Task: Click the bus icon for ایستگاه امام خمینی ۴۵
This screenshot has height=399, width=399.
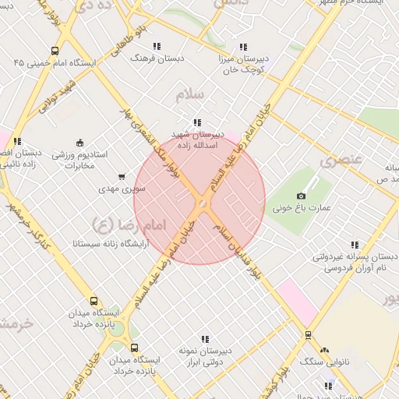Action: tap(54, 50)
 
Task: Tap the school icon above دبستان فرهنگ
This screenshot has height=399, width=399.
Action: tap(157, 46)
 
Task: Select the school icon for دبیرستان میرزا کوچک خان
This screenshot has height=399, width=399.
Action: tap(244, 46)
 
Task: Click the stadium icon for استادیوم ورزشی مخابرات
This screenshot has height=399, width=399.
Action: tap(79, 142)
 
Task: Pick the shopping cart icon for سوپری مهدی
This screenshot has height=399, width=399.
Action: tap(121, 177)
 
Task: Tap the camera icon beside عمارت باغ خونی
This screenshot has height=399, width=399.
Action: tap(302, 196)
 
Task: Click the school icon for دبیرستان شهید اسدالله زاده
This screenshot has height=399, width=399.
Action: tap(197, 122)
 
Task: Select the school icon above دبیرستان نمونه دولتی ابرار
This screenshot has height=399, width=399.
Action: tap(205, 339)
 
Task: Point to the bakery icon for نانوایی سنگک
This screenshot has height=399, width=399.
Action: tap(324, 351)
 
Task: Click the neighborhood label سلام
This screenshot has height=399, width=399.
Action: tap(189, 94)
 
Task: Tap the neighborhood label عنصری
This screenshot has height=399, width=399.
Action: tap(341, 161)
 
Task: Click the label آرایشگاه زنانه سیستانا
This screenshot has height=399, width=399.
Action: tap(84, 244)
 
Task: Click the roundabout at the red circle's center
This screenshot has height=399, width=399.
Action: tap(202, 203)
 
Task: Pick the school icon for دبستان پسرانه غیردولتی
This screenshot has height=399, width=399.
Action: tap(355, 245)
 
